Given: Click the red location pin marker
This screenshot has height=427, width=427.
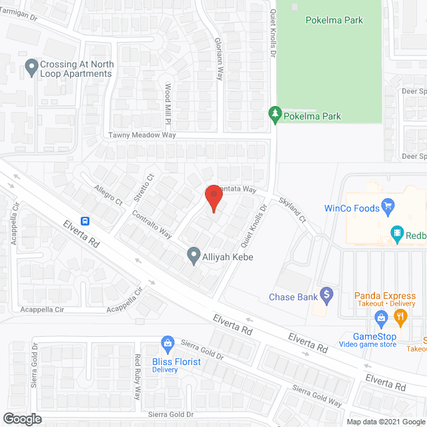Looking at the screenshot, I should [213, 198].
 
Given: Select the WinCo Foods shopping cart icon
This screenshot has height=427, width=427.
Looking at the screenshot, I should [386, 205].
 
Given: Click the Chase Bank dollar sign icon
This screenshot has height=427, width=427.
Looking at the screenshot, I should [326, 293].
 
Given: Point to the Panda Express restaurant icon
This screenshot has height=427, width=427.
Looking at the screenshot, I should [401, 318].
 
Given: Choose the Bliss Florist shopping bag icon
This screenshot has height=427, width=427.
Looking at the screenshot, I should [168, 343].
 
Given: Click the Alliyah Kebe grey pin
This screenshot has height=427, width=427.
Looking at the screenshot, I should [193, 255].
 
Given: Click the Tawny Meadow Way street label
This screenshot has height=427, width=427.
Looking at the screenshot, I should [142, 135].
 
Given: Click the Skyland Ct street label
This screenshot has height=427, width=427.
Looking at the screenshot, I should [292, 211].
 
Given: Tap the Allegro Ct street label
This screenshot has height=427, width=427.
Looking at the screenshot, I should [109, 195].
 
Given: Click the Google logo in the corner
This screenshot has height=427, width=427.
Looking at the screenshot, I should [21, 419].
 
